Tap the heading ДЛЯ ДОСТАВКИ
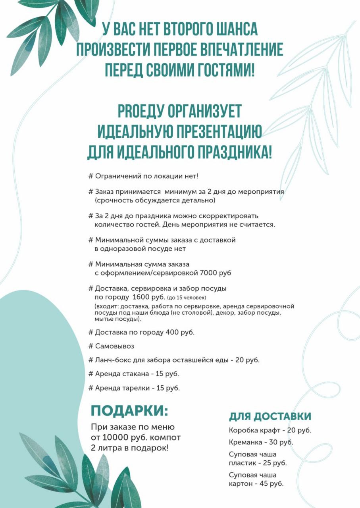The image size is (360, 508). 270,416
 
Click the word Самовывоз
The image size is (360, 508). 115,346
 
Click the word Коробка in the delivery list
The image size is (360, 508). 243,430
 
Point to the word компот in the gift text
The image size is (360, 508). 164,438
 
